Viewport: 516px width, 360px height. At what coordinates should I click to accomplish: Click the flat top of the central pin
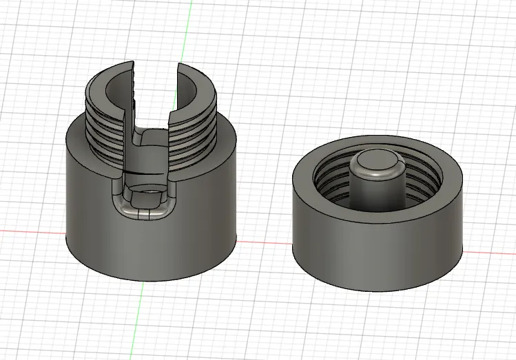click(376, 162)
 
